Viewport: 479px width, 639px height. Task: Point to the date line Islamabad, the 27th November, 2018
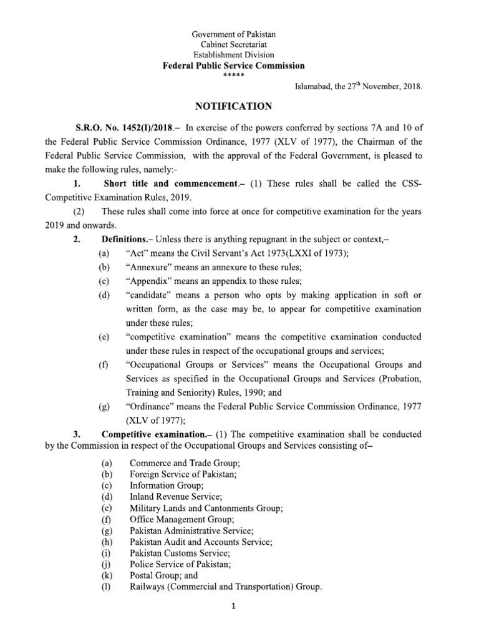359,88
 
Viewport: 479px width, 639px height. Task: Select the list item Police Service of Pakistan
172,564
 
